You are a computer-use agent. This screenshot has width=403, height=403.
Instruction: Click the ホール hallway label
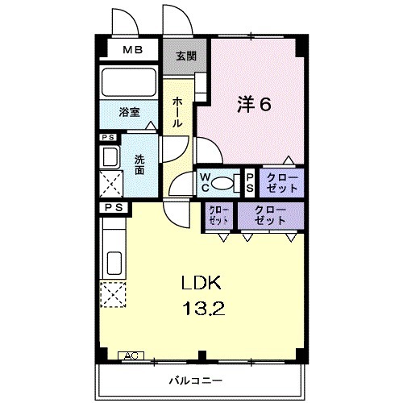click(178, 110)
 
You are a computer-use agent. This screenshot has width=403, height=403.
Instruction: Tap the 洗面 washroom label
click(139, 165)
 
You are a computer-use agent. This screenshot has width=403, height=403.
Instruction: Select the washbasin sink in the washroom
click(110, 156)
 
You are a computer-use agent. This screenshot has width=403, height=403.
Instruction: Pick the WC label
click(205, 182)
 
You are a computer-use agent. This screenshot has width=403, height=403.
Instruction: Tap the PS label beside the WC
click(250, 182)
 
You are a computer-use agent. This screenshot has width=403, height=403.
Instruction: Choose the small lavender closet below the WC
click(218, 215)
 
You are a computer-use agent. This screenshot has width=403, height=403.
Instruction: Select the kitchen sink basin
click(112, 262)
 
